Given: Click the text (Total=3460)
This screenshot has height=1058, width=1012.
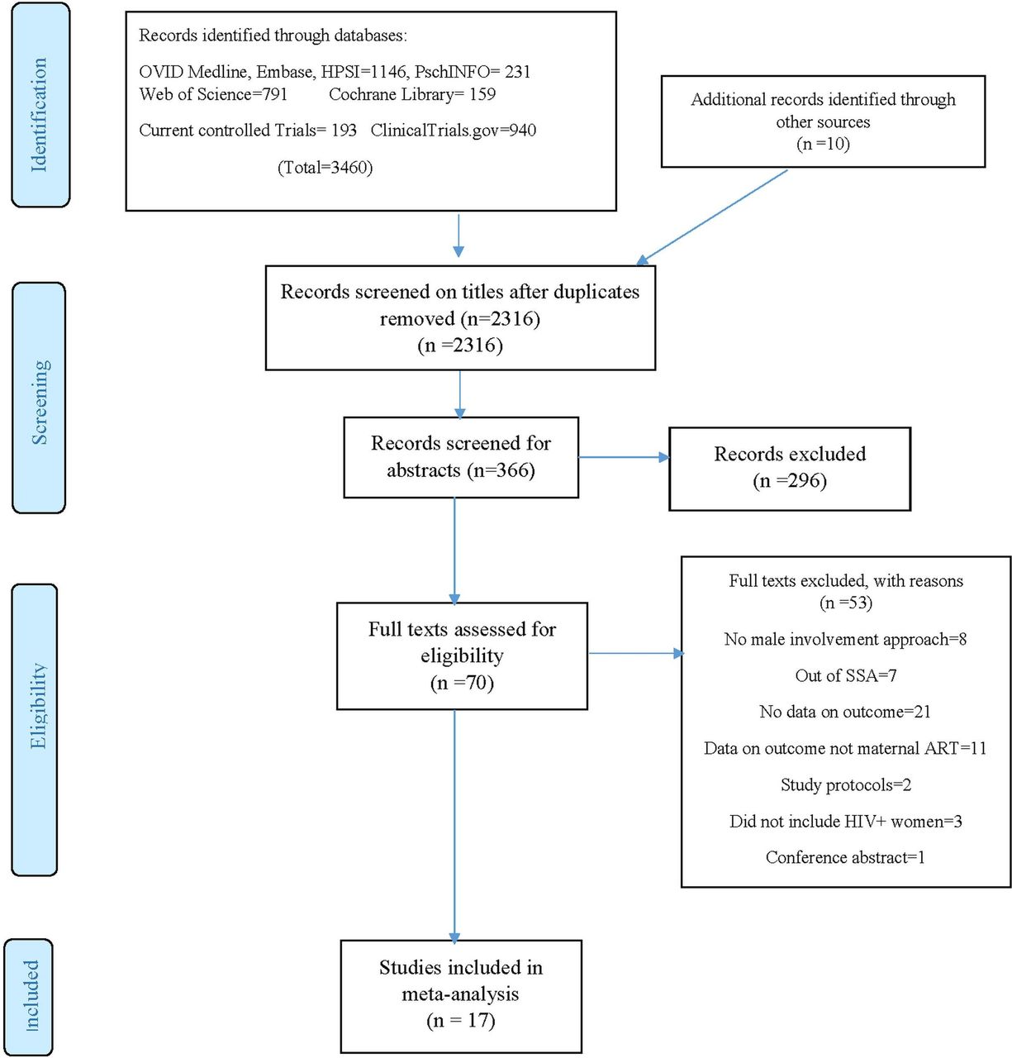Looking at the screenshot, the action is point(325,167).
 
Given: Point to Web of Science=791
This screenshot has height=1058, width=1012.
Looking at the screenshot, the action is point(213,94).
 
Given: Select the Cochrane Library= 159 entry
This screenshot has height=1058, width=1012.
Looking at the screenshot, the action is point(412,94).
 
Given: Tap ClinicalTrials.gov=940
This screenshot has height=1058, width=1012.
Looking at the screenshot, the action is point(454,130).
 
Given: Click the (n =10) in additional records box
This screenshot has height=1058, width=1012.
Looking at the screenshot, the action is point(823,144).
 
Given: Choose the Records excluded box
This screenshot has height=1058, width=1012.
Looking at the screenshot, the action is point(790,469).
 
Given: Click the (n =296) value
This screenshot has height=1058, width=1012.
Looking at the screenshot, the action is point(790,480).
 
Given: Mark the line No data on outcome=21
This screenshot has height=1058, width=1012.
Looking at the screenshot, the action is point(845,712).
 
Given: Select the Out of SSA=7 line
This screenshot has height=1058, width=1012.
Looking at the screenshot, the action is point(846,675).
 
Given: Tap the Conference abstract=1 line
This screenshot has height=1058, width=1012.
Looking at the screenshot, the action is point(845,857).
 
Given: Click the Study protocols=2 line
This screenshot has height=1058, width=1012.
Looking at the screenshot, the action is point(846,785).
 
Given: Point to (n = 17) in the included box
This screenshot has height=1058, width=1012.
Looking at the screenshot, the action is point(461,1020).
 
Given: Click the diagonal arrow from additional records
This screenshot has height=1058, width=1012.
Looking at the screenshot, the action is point(712,217).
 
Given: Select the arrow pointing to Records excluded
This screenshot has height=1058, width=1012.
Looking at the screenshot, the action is point(624,457).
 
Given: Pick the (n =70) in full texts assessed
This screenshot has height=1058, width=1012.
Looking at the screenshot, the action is point(462,682).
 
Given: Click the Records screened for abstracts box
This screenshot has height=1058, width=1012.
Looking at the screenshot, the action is point(461,457).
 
